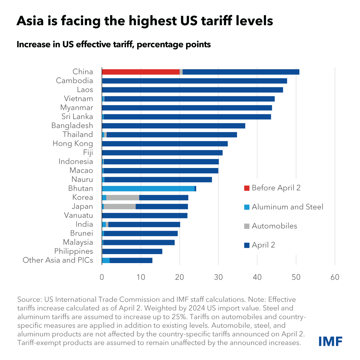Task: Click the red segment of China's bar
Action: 141,72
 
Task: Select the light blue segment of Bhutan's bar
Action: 148,188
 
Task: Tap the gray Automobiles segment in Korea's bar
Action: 123,197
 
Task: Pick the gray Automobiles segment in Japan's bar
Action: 120,206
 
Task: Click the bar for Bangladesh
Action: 174,126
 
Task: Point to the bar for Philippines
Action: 132,251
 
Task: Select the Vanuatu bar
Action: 145,215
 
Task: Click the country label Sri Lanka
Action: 77,117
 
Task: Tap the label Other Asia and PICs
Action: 58,260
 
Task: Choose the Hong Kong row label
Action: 73,144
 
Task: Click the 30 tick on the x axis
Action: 218,277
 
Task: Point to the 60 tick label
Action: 335,277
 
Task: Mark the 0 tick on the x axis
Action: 102,277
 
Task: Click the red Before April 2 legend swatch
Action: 247,188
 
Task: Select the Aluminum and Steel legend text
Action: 287,207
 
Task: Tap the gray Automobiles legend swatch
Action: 247,226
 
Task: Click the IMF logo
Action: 330,341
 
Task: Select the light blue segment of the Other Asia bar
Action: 106,260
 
